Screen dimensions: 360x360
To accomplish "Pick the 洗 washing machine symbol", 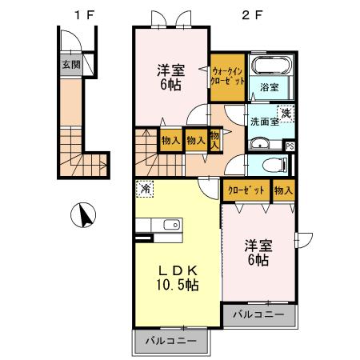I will click(285, 113).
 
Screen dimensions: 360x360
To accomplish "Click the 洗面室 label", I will click(264, 122).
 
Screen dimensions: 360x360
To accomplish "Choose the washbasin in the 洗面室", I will click(261, 144).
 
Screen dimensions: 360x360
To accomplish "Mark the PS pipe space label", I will click(290, 146).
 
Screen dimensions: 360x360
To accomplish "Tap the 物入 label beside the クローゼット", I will click(283, 190).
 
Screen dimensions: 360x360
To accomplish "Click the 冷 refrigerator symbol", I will click(146, 190).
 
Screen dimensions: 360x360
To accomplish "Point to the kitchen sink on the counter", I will click(171, 224).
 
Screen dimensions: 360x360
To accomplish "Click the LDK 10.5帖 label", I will click(176, 276).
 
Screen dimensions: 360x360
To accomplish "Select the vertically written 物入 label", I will click(215, 141).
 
